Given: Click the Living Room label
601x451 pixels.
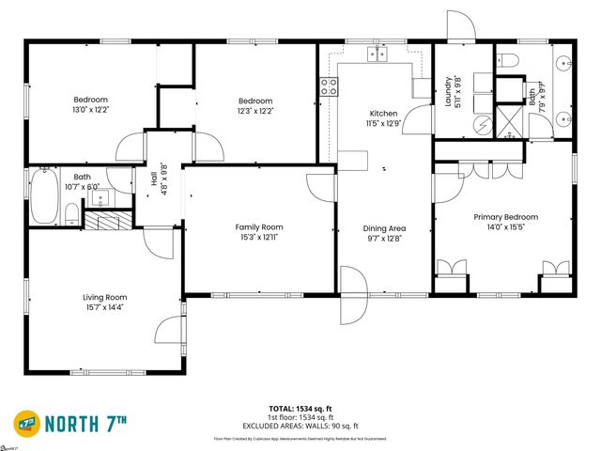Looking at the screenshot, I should pyautogui.click(x=103, y=298).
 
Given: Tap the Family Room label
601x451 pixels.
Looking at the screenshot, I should pyautogui.click(x=259, y=227).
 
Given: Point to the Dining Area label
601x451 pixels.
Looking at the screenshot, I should pyautogui.click(x=384, y=228).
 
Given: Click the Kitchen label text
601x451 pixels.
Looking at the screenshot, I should pyautogui.click(x=383, y=114).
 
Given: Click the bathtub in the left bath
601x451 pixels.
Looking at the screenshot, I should pyautogui.click(x=43, y=196).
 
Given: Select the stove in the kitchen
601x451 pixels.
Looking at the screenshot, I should pyautogui.click(x=330, y=87).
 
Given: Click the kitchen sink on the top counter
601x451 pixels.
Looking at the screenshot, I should pyautogui.click(x=378, y=54).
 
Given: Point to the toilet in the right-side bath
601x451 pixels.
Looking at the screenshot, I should pyautogui.click(x=510, y=60).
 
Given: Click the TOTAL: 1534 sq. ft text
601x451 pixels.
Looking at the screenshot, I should pyautogui.click(x=300, y=409).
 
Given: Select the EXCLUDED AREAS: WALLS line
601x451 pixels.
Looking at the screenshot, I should pyautogui.click(x=300, y=425).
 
